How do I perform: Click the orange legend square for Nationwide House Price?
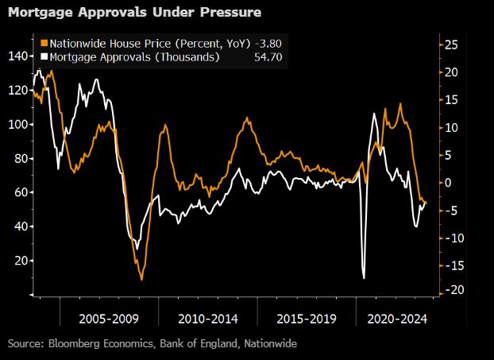(x=44, y=42)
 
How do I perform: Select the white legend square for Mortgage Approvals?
(x=44, y=56)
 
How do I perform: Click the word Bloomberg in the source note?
(x=82, y=343)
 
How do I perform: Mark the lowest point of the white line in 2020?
(x=363, y=277)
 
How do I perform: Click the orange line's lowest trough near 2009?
(x=141, y=279)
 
